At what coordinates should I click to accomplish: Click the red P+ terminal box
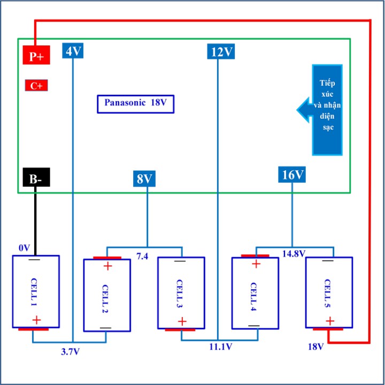(36, 55)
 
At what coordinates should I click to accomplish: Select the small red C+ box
(36, 86)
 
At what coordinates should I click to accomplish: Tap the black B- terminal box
(36, 178)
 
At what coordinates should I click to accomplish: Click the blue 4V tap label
(73, 51)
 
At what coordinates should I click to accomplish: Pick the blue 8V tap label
(144, 178)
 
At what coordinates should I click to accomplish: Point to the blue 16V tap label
(292, 174)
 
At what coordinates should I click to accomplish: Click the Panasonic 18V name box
(136, 104)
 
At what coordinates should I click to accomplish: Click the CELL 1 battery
(36, 292)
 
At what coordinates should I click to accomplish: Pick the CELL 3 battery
(181, 292)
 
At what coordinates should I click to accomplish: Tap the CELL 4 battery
(255, 292)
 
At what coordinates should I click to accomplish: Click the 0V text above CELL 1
(24, 248)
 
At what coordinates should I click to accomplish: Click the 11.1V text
(220, 347)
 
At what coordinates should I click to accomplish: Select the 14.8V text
(294, 253)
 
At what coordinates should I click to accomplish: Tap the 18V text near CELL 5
(315, 346)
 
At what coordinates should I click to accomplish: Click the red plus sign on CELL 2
(107, 267)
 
